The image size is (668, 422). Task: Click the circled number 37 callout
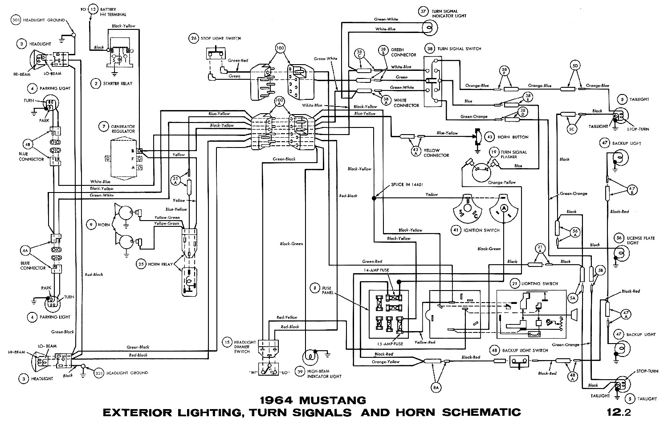pos(423,12)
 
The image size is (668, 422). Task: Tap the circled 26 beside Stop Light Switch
pos(193,38)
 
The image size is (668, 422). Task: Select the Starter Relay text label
pos(117,83)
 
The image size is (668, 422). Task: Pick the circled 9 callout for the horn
pos(91,225)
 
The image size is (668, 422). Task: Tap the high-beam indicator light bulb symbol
pos(309,356)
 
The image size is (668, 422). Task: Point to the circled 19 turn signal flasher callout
pos(493,152)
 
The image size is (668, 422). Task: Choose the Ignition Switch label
pos(481,230)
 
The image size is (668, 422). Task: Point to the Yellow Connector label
pos(436,153)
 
